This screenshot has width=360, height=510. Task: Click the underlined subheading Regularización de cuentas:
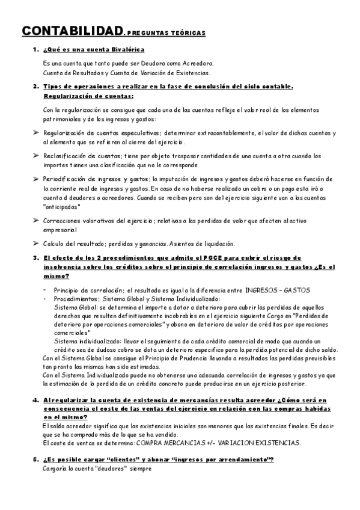point(88,96)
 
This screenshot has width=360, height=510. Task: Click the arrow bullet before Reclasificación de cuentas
point(35,156)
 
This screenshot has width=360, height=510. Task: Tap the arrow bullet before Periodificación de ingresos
point(35,179)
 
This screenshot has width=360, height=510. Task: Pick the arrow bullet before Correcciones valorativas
point(35,221)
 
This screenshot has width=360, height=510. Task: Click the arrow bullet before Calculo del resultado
point(35,244)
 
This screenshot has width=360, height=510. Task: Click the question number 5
point(35,460)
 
